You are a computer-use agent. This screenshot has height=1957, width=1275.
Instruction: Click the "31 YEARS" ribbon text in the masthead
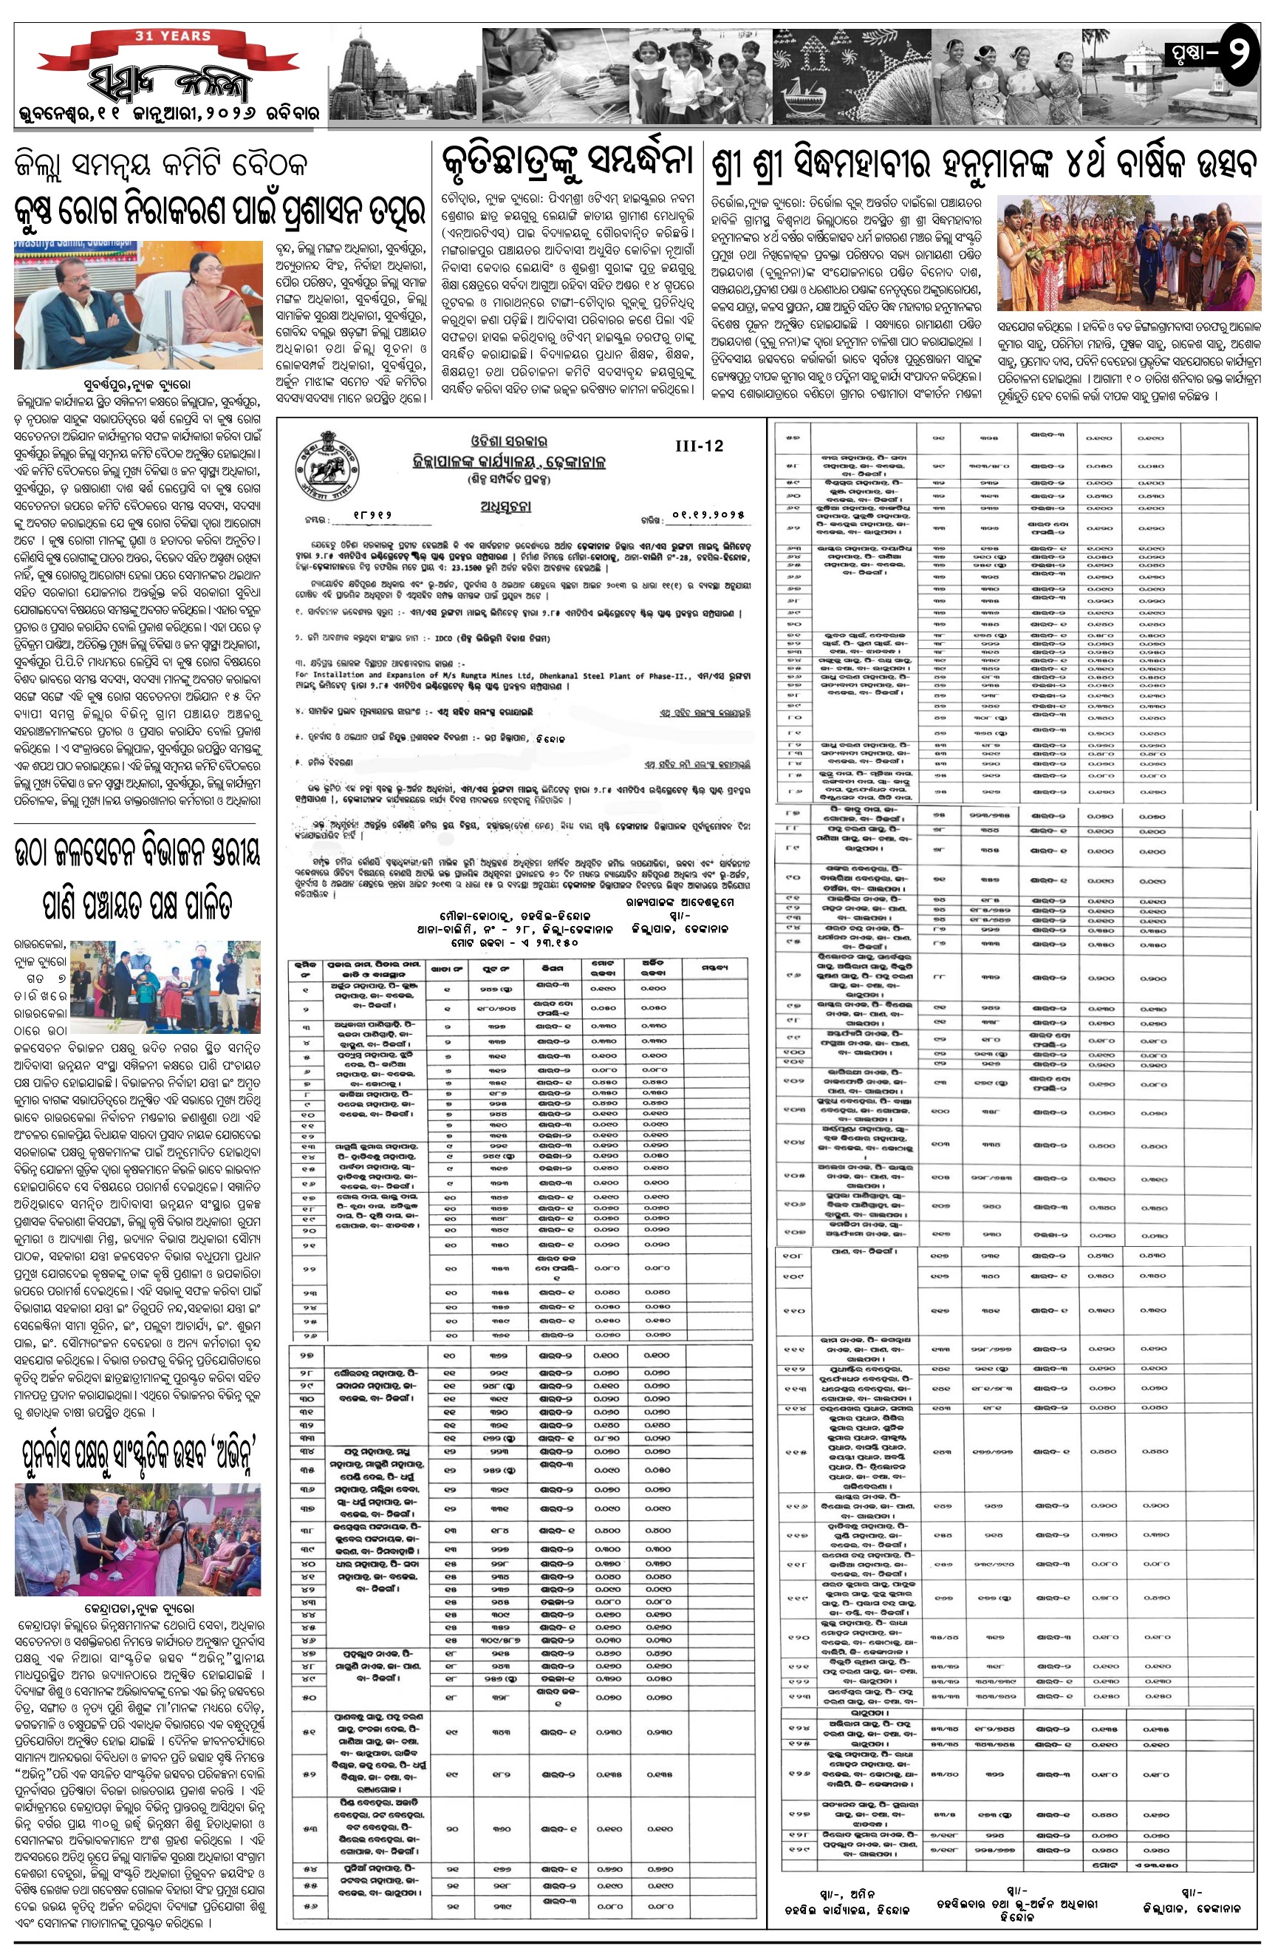[173, 36]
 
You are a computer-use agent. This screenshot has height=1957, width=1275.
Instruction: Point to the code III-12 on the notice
[699, 446]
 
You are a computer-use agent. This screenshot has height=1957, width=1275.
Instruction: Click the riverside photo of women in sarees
[1128, 253]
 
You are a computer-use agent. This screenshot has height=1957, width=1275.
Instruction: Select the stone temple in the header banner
[386, 78]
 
